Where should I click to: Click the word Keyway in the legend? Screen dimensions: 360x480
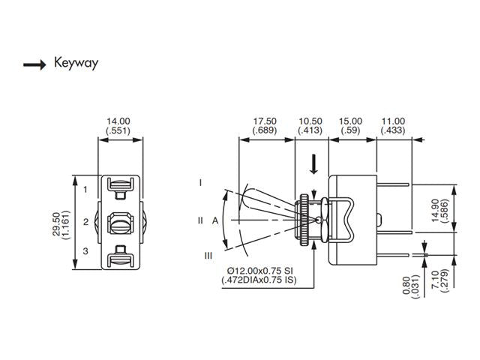(x=76, y=63)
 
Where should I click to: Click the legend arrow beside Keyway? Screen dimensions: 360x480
(x=34, y=64)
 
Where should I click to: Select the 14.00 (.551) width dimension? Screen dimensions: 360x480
(x=118, y=125)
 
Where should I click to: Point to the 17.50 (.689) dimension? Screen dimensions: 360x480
(x=265, y=125)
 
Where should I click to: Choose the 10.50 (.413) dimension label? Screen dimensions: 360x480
(x=310, y=125)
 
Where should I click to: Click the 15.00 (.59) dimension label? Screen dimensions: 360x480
(x=350, y=125)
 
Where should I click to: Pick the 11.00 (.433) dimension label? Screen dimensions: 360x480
(x=393, y=125)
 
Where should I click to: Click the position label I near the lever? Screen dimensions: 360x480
(x=201, y=182)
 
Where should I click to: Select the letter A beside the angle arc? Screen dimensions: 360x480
(x=214, y=220)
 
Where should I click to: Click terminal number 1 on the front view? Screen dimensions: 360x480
(x=86, y=189)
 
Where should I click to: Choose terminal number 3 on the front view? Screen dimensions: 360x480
(x=86, y=250)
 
